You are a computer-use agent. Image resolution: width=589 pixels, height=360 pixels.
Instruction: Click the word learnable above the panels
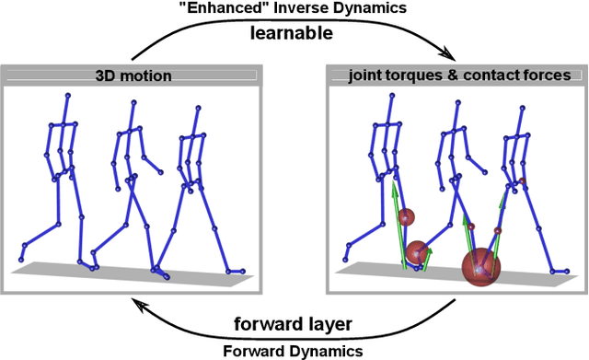pyautogui.click(x=294, y=34)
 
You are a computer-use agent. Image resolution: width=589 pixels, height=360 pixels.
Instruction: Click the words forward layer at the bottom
pyautogui.click(x=293, y=323)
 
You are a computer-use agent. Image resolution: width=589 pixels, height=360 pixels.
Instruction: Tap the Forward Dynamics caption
pyautogui.click(x=293, y=349)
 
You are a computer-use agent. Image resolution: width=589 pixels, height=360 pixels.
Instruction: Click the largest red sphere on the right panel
pyautogui.click(x=480, y=268)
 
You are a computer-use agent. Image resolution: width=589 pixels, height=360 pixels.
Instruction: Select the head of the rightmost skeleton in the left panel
pyautogui.click(x=197, y=108)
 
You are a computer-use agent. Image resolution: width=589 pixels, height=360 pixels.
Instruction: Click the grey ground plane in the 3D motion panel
pyautogui.click(x=138, y=270)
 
